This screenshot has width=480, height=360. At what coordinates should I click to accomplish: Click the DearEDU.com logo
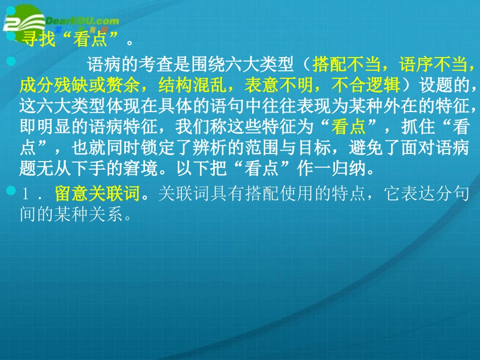pyautogui.click(x=61, y=22)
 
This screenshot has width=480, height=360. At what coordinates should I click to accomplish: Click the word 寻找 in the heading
pyautogui.click(x=37, y=39)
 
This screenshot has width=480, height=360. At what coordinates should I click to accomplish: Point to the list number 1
pyautogui.click(x=25, y=195)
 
